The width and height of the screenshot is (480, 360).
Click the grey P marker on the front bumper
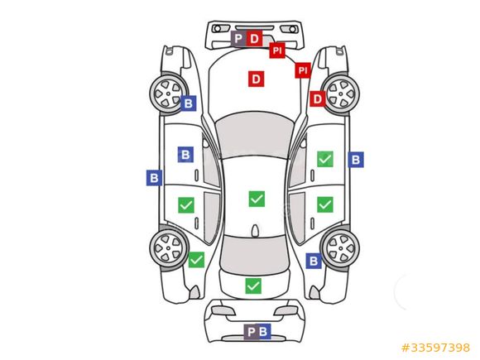[238, 39]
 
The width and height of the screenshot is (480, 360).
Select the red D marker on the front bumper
[254, 39]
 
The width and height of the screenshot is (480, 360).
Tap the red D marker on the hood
[257, 79]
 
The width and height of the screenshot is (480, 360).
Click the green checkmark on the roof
[257, 199]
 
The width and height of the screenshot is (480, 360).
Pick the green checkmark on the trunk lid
[253, 286]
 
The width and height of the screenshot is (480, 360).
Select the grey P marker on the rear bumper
[251, 332]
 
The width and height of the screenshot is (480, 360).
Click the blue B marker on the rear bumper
[264, 332]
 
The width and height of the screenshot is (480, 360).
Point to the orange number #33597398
[435, 348]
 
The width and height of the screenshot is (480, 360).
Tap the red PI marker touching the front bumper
[277, 50]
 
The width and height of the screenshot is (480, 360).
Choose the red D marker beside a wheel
[318, 98]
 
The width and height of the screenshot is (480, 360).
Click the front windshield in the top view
[253, 135]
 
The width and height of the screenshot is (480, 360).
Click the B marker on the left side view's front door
[185, 155]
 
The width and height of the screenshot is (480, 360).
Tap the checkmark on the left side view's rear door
[186, 205]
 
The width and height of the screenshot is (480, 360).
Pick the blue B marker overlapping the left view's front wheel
[188, 103]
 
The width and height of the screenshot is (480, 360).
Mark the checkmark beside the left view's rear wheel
[196, 260]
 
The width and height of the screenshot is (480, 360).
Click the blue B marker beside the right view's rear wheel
[314, 261]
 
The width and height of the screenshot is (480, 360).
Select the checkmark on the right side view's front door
[325, 159]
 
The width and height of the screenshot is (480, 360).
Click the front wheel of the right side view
[340, 94]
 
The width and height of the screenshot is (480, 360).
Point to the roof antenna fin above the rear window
[254, 231]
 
